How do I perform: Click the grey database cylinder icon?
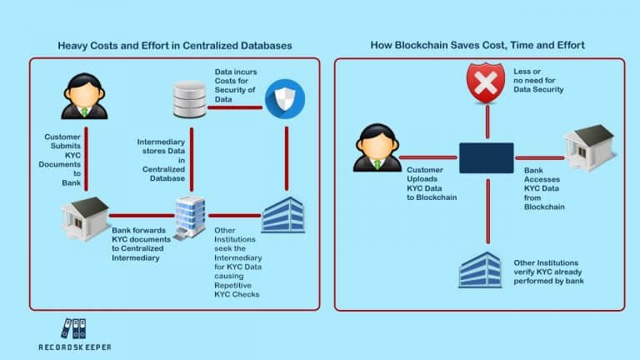(191, 98)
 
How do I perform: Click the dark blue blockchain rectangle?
(487, 158)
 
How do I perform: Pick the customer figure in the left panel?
(82, 97)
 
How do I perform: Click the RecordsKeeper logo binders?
(73, 329)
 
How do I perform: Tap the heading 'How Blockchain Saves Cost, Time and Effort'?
(479, 44)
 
